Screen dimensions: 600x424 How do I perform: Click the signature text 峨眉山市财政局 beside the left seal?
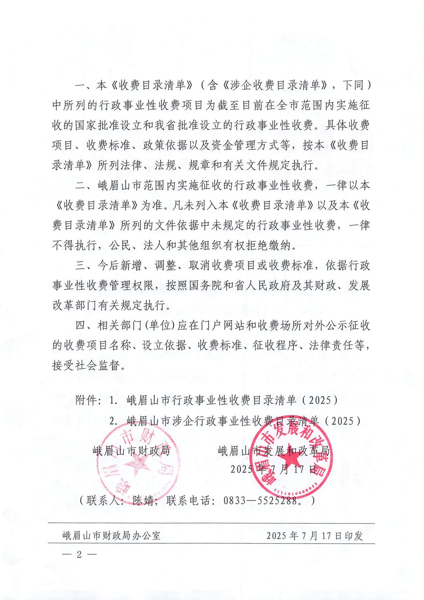pos(131,451)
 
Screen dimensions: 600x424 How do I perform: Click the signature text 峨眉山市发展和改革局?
pos(273,451)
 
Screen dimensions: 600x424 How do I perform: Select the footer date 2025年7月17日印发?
pos(315,535)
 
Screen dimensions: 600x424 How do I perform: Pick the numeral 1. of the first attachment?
pos(114,400)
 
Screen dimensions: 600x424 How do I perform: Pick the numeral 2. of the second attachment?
pos(114,421)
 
